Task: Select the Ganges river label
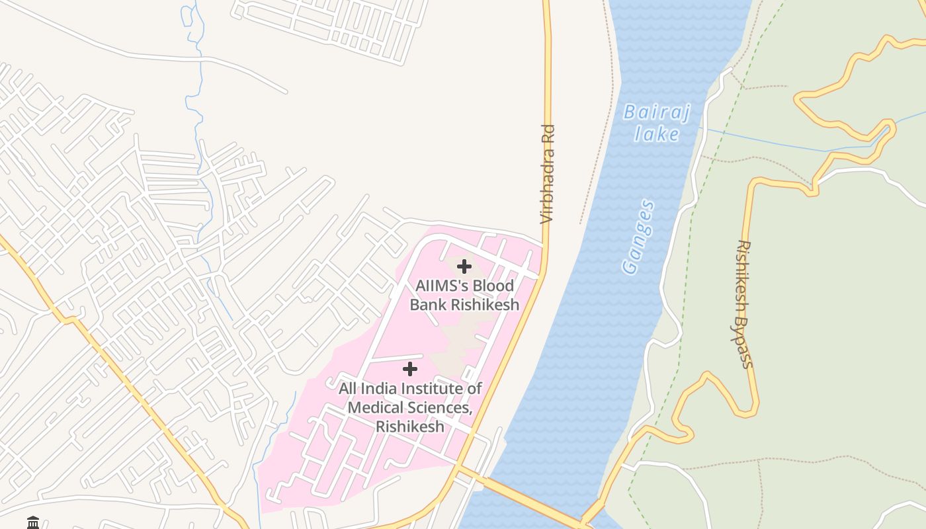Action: click(x=639, y=237)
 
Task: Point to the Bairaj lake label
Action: click(x=657, y=123)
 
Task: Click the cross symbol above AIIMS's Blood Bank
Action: click(x=464, y=266)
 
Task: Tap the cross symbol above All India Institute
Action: click(x=410, y=369)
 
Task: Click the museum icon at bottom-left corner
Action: click(x=33, y=523)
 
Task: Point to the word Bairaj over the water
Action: click(x=657, y=112)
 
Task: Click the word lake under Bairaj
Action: click(x=657, y=134)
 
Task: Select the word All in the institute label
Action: click(x=349, y=388)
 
